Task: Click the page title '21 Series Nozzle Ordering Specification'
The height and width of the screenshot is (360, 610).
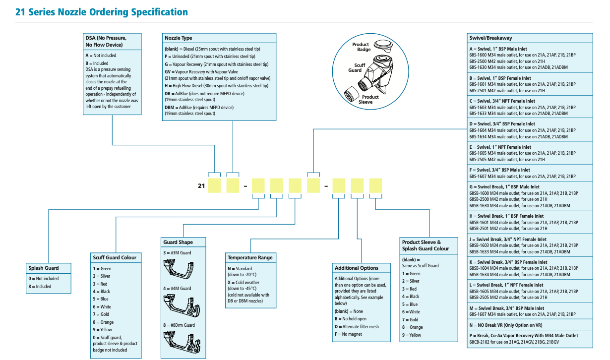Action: point(102,11)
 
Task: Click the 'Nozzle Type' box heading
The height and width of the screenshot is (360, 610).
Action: point(179,38)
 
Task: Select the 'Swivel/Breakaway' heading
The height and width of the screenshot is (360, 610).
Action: point(490,38)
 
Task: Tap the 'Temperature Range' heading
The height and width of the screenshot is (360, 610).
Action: point(250,258)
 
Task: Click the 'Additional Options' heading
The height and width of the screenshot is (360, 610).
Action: point(356,268)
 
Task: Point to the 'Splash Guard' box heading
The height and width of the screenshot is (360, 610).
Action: point(43,268)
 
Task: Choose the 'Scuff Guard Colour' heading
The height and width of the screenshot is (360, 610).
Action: point(114,257)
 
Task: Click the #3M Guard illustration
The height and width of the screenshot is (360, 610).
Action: point(183,270)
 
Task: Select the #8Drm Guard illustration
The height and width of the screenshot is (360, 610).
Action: point(183,343)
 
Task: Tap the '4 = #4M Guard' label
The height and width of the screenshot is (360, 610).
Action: point(177,289)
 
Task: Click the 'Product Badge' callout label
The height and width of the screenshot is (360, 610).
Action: point(361,47)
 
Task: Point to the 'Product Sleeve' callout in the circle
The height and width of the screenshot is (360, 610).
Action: point(367,99)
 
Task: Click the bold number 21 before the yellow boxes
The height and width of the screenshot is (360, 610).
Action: point(201,186)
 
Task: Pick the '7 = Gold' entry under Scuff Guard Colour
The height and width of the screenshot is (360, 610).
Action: point(102,314)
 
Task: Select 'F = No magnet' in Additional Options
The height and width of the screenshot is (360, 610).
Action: point(348,334)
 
